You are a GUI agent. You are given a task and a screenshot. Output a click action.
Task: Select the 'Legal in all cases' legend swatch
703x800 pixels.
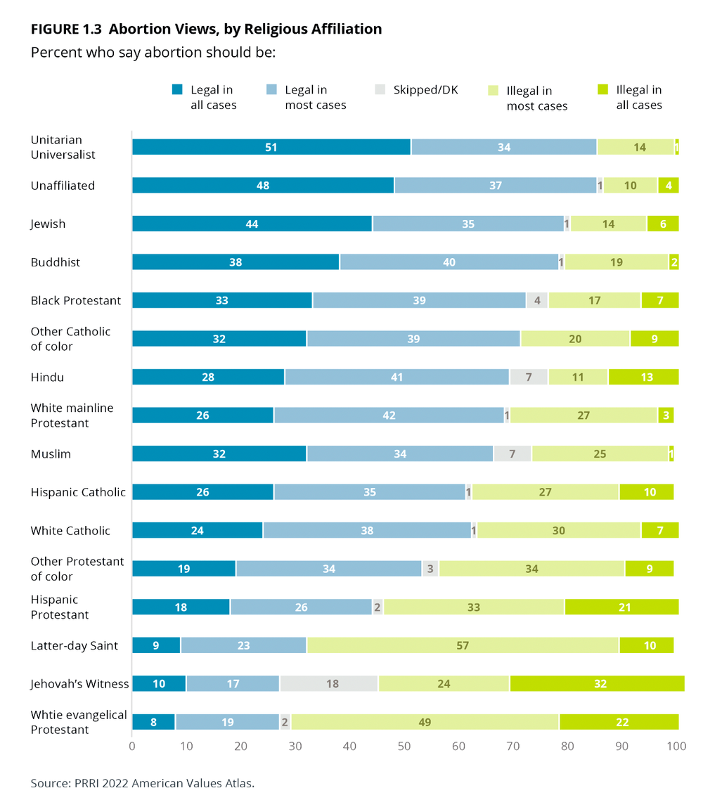point(177,90)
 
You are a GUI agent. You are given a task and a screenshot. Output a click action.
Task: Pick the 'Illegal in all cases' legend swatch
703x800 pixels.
point(603,90)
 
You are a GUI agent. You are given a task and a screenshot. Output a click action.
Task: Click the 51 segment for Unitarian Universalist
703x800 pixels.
point(271,147)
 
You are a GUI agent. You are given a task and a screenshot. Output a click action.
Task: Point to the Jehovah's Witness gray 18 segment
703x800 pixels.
point(328,683)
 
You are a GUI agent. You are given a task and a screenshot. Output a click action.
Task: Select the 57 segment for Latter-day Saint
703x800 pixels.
point(463,645)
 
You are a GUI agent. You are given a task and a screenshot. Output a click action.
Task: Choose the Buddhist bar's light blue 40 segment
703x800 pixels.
point(449,262)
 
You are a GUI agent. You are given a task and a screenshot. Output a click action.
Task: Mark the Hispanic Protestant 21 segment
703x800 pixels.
point(621,607)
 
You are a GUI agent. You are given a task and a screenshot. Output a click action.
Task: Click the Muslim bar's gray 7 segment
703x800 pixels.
point(512,453)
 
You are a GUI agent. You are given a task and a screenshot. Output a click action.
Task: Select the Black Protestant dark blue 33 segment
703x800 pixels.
point(222,300)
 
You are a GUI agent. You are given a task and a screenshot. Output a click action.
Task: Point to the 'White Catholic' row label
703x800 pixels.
point(70,531)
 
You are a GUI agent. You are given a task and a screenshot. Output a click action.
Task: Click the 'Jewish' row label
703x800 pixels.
point(48,224)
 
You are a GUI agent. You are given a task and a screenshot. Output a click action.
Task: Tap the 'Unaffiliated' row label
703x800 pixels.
point(63,186)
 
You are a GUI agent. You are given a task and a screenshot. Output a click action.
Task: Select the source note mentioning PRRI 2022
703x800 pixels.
point(142,782)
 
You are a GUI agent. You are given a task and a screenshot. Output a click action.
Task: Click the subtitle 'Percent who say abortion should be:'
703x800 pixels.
point(153,53)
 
